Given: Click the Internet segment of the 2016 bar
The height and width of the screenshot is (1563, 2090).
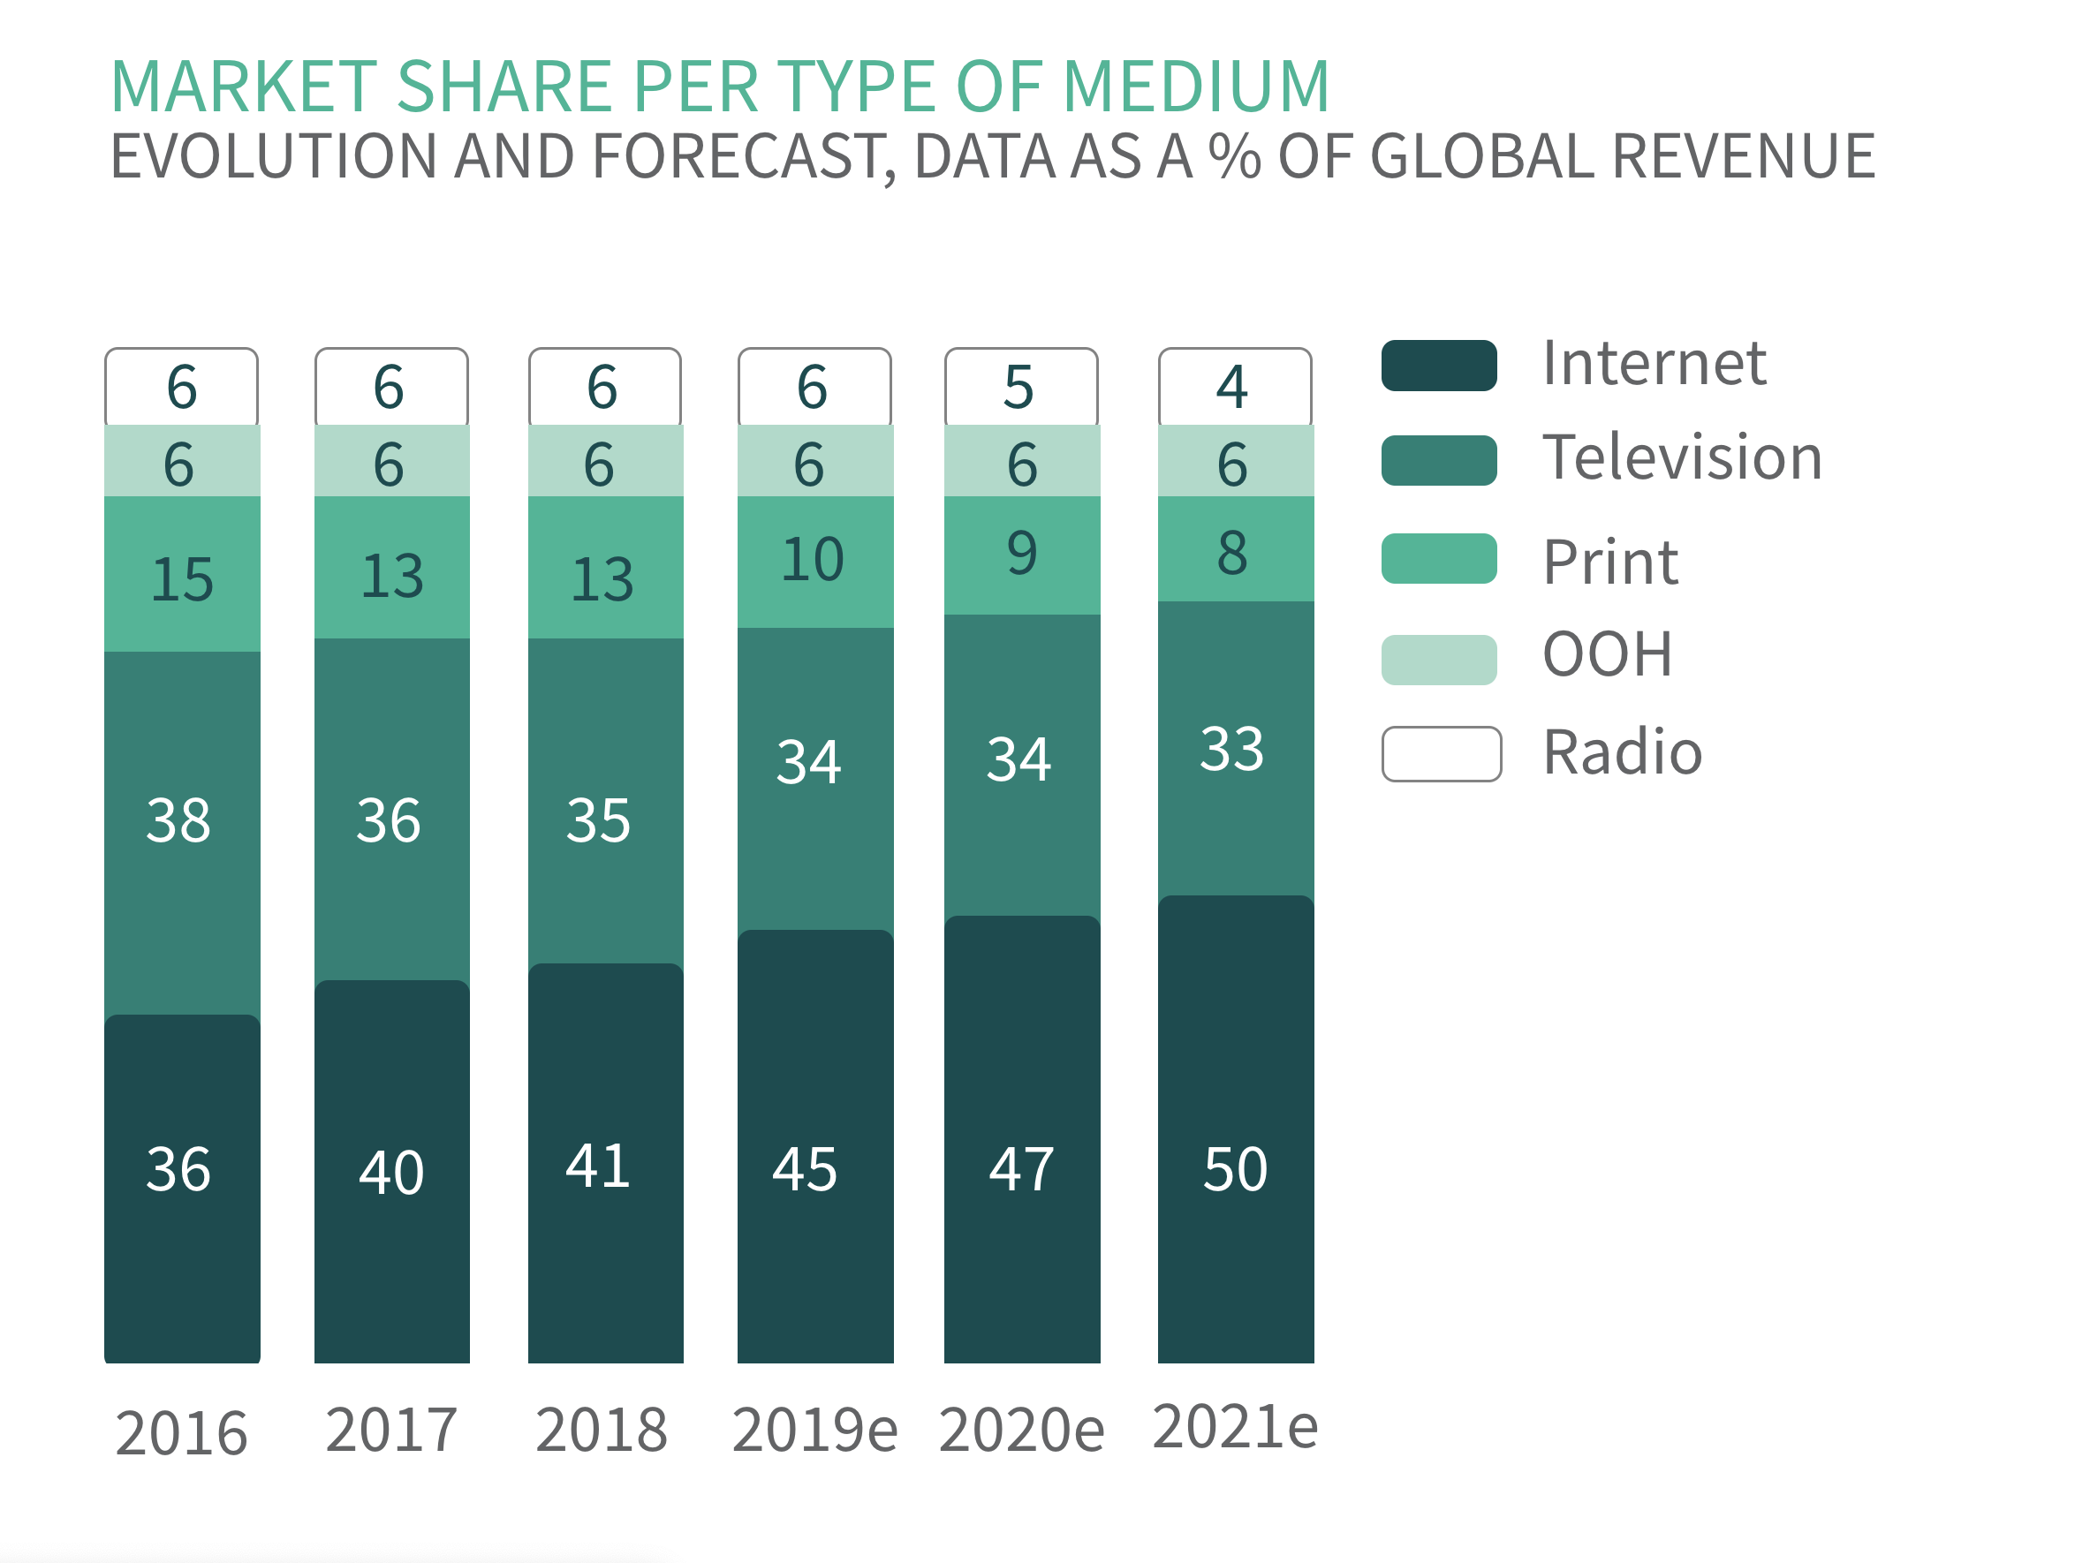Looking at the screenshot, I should [181, 1188].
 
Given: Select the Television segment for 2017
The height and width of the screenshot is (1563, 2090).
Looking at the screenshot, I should [391, 810].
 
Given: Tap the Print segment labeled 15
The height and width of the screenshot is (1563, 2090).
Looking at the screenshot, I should [181, 574].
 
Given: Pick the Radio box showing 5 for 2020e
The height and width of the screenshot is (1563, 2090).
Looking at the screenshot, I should [1020, 387].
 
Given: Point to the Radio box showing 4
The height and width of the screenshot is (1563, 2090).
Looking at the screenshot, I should [1234, 387].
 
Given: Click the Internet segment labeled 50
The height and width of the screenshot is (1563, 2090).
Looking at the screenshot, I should [1235, 1129].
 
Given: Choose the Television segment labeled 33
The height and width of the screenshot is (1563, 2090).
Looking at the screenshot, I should [1235, 748].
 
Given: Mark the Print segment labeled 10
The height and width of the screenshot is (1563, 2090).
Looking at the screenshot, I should [814, 561].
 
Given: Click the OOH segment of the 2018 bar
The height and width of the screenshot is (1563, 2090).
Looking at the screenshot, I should [605, 462].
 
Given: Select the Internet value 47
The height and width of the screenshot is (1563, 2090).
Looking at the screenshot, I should [1020, 1169].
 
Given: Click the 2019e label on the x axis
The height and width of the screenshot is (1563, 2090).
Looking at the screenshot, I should [814, 1430].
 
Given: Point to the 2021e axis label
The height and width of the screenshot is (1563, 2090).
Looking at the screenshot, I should [1234, 1427].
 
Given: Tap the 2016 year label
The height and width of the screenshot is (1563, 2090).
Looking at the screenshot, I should [181, 1432].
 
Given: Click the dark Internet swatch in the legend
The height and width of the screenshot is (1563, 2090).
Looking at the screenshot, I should [1438, 366].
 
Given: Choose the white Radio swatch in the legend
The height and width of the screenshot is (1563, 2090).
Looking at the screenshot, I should [1440, 753].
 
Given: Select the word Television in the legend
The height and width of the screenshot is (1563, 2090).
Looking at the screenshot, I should [1682, 458].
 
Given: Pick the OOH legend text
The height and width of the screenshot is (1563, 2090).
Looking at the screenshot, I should [1607, 653].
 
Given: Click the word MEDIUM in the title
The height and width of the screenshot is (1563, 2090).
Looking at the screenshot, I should [1195, 87].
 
